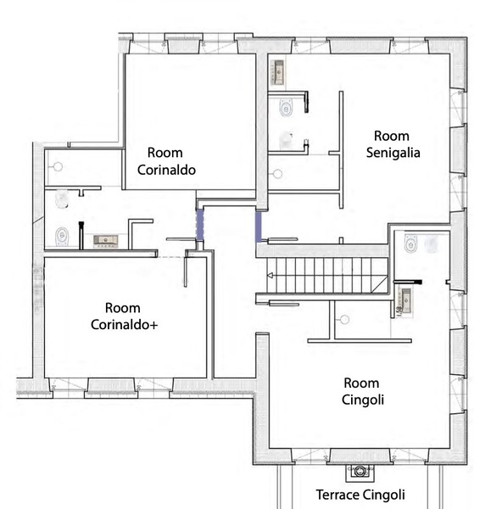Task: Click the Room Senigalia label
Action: (x=393, y=144)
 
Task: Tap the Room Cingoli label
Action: (x=362, y=391)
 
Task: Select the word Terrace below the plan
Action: (x=337, y=495)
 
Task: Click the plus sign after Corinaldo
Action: (x=153, y=325)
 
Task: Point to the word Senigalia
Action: (x=393, y=153)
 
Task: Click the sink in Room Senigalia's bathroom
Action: (x=278, y=72)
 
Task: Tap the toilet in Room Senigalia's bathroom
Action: (x=286, y=108)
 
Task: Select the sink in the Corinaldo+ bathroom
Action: (x=106, y=241)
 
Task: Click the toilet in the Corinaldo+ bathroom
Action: (x=62, y=236)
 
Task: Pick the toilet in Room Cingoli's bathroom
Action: (x=410, y=243)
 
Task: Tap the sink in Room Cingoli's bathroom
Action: (x=406, y=300)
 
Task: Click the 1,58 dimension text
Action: (x=399, y=310)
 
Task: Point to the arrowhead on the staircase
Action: (x=270, y=275)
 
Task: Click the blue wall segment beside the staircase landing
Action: (x=259, y=227)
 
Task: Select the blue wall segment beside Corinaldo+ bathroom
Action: (x=200, y=224)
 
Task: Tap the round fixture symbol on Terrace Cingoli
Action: (x=360, y=471)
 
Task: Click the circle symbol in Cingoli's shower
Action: (x=344, y=320)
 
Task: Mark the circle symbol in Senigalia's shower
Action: (x=277, y=174)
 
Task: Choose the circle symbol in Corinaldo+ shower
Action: (x=58, y=167)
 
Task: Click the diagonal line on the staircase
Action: (x=380, y=284)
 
